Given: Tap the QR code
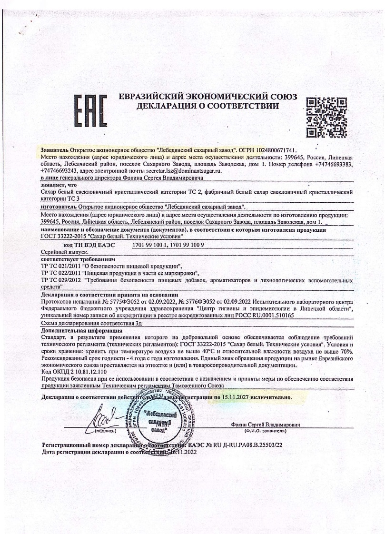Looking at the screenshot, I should (326, 116).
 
